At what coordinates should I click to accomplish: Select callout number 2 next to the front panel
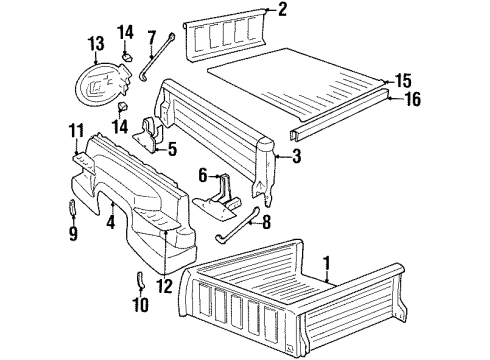(283, 11)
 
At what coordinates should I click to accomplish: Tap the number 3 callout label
(296, 156)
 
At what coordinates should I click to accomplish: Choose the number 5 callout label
(171, 151)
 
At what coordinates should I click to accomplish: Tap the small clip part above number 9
(74, 209)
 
